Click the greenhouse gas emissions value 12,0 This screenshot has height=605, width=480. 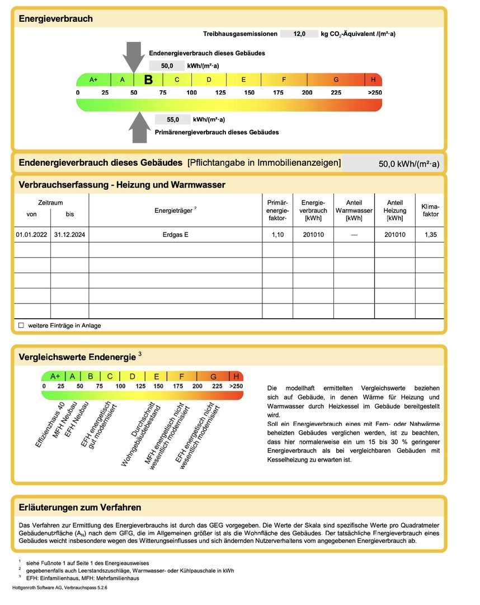[299, 34]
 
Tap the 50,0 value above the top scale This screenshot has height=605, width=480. [167, 66]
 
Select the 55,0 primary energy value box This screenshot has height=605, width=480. [172, 119]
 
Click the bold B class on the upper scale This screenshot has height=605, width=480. [148, 80]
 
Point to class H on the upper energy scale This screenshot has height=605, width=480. [373, 80]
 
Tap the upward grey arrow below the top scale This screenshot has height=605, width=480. [138, 127]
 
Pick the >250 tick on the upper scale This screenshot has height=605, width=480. [375, 92]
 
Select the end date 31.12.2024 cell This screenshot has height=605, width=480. [69, 235]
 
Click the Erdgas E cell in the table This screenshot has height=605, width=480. [175, 235]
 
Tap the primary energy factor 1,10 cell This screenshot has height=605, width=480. [277, 235]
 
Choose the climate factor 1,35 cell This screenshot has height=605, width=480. [430, 235]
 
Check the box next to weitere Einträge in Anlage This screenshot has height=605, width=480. [21, 325]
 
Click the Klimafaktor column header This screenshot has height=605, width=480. [430, 210]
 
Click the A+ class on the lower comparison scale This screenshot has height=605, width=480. [55, 376]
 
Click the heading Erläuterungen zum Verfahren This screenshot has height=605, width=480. [80, 508]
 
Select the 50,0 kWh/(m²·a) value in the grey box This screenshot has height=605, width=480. [409, 164]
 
